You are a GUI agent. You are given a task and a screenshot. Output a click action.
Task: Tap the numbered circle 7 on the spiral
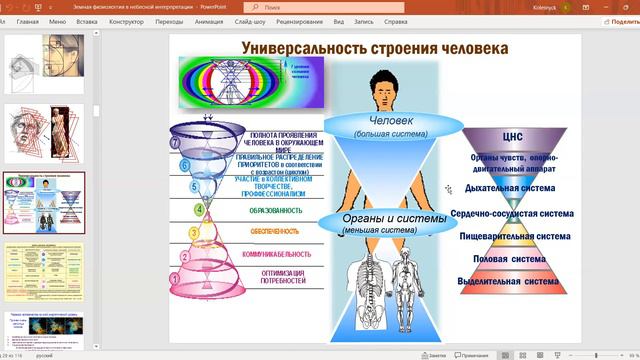(x=176, y=143)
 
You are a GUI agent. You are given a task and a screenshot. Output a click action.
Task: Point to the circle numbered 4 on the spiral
(x=199, y=210)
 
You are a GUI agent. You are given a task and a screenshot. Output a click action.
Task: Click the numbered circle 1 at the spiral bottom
(x=174, y=280)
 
